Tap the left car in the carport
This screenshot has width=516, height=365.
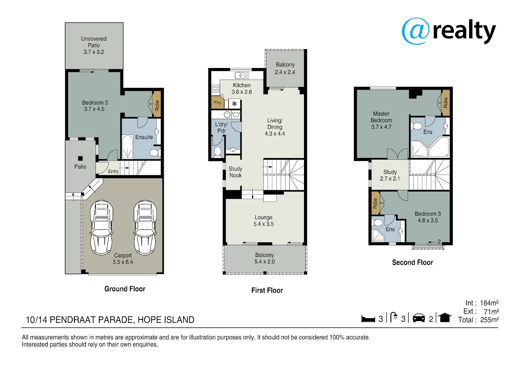coord(101,227)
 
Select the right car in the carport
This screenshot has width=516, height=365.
coord(145,227)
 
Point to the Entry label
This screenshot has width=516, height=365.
coord(113,171)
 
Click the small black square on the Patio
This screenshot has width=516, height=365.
coord(80,158)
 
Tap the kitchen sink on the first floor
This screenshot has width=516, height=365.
coord(242,75)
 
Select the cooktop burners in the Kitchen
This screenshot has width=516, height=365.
coord(215,88)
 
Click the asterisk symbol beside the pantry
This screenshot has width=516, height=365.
coord(234,104)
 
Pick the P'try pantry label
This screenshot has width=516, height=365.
coord(217,102)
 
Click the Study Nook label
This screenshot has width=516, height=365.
coord(235,172)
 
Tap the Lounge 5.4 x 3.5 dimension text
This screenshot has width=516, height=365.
coord(264,224)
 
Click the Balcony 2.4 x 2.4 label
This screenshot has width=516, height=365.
coord(285,68)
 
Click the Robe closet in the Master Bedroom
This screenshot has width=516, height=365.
coord(445,102)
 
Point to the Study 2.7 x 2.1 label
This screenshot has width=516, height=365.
coord(390,175)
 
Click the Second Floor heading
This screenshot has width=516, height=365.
coord(412,263)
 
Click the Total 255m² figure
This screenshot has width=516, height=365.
coord(479,320)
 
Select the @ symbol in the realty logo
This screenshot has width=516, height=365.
coord(415,31)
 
